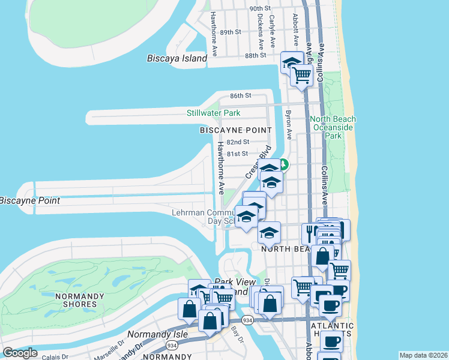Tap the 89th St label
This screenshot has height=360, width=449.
(x=230, y=32)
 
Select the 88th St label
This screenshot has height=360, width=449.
(x=255, y=55)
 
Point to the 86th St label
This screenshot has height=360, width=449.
(x=240, y=95)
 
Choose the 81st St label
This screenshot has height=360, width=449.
(x=238, y=154)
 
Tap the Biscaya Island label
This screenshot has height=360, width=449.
(x=177, y=59)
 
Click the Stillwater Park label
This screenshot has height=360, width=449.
(x=213, y=113)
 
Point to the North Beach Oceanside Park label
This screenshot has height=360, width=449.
(x=333, y=127)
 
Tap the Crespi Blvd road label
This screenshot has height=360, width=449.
(x=258, y=162)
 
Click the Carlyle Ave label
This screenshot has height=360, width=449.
(x=272, y=31)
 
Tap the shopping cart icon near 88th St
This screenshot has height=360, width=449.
(x=301, y=76)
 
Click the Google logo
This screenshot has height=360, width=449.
(x=20, y=353)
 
